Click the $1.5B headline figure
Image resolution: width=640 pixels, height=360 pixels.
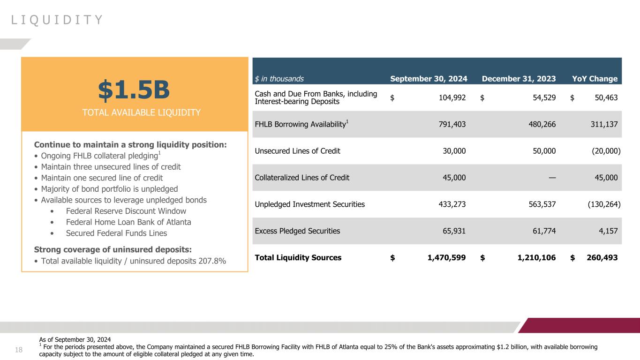(x=134, y=90)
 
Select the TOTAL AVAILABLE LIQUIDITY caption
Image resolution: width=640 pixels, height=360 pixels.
(x=134, y=112)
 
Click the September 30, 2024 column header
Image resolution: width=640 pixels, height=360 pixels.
(x=429, y=79)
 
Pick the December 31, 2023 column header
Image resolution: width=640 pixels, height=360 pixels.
(x=519, y=79)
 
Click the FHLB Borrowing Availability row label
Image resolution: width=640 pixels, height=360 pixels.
(x=301, y=124)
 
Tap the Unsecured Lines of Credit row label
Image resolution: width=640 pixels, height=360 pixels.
(x=297, y=151)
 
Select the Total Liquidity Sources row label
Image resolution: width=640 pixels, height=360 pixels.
(x=298, y=257)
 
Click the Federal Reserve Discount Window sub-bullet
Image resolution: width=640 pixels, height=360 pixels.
(x=126, y=211)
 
